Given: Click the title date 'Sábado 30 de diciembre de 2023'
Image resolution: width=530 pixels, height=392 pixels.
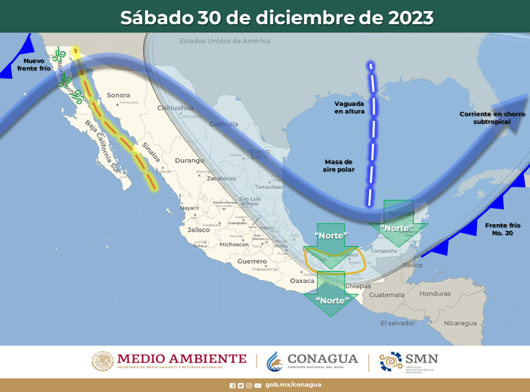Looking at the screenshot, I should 276,17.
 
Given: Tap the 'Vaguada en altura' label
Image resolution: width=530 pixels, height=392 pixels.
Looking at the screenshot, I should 348,107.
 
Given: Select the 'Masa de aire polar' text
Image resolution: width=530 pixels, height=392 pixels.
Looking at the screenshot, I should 339,165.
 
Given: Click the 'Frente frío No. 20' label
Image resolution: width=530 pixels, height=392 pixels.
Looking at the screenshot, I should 502,230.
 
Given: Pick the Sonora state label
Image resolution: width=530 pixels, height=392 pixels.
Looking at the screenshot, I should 118,95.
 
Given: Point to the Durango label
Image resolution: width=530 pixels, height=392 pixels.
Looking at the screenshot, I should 189,160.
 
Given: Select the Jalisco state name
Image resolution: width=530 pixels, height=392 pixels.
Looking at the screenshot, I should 198,230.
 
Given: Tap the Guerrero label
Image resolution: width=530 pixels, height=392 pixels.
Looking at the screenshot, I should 252,261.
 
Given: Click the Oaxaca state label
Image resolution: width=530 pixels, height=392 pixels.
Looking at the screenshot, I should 302,281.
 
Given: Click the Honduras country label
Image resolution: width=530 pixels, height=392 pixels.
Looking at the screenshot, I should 435,293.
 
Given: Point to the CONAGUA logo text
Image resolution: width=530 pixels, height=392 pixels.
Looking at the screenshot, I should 322,359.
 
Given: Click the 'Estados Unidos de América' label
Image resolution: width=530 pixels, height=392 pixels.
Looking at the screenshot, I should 225,41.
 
